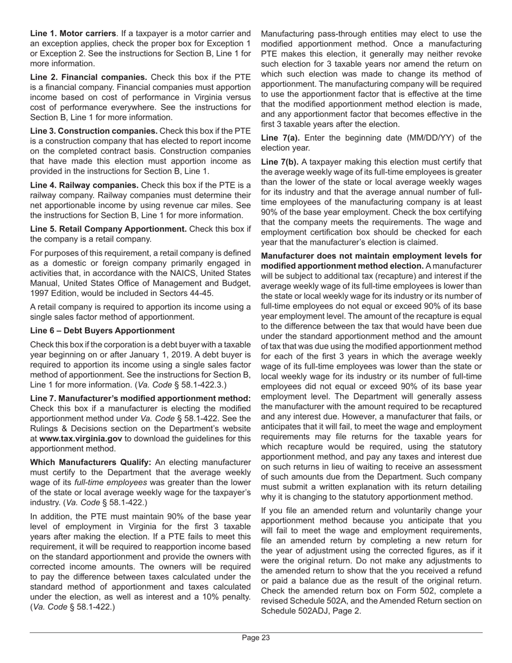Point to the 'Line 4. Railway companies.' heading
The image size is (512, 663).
(x=84, y=185)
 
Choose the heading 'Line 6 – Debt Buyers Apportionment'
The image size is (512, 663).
(x=102, y=330)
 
